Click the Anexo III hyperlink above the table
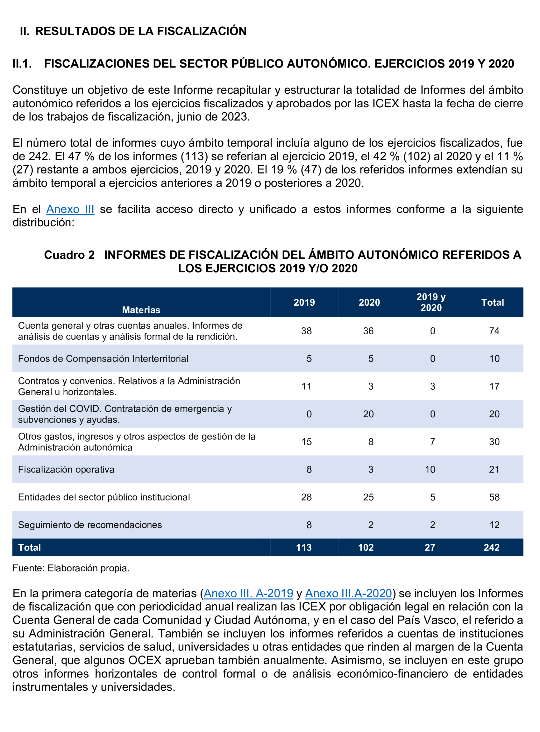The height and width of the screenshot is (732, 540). point(70,209)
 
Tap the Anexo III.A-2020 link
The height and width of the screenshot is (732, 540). point(348,593)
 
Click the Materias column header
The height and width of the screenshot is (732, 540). point(141,310)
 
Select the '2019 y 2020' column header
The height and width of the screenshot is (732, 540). point(431,302)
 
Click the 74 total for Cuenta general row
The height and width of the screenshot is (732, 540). point(494,331)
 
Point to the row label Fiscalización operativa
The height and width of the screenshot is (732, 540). point(66,469)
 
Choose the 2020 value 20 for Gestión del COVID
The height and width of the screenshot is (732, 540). point(368,414)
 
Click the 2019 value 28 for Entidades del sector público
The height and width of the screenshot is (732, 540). point(306,497)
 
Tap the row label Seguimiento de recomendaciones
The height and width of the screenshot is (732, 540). point(90,525)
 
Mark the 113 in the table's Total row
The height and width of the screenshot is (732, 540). point(304,547)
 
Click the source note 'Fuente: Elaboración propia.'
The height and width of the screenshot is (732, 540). point(71,568)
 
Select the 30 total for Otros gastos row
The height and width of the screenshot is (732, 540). point(494,442)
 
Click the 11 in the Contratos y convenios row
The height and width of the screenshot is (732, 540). point(306,386)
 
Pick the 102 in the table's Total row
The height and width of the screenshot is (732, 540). point(366,547)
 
